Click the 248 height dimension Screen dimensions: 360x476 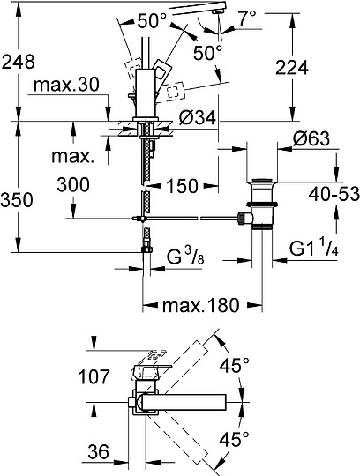point(19,63)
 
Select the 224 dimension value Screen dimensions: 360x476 point(292,67)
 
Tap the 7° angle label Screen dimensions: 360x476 point(247,19)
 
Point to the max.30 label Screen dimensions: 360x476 point(66,85)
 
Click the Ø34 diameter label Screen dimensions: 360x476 point(197,117)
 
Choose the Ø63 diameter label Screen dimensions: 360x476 point(311,139)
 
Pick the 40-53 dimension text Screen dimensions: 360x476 point(334,194)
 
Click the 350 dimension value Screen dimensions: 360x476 point(17,200)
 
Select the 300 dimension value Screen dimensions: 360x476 point(73,184)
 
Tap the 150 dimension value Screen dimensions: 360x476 point(183,185)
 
